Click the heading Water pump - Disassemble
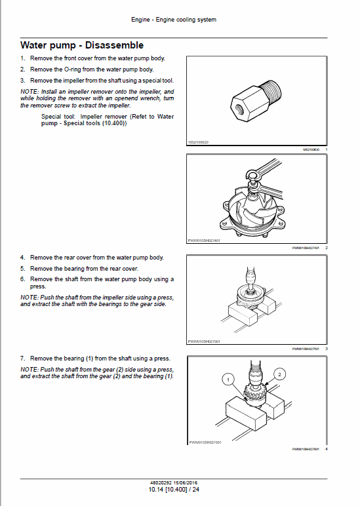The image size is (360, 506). coord(82,45)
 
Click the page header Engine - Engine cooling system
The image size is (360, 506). coord(174,20)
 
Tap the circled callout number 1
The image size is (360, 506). coord(227,379)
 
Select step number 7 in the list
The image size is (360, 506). coord(23,359)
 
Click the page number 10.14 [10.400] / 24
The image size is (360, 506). coord(174,489)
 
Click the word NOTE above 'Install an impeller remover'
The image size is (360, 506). coord(30,92)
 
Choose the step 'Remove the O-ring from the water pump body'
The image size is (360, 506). coord(92,69)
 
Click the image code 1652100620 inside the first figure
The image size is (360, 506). coord(199,142)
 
